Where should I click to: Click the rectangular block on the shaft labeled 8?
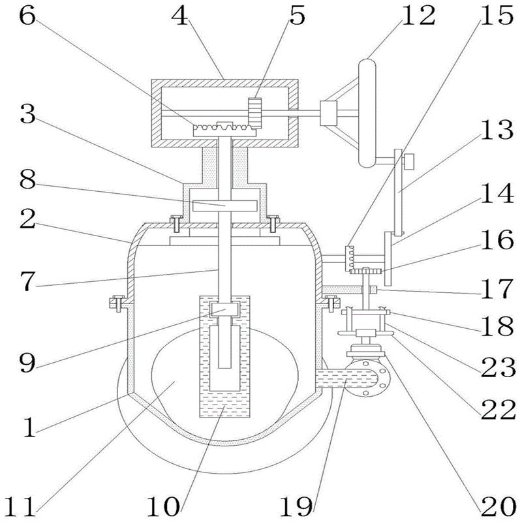226,205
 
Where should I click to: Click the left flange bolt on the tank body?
117,302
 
